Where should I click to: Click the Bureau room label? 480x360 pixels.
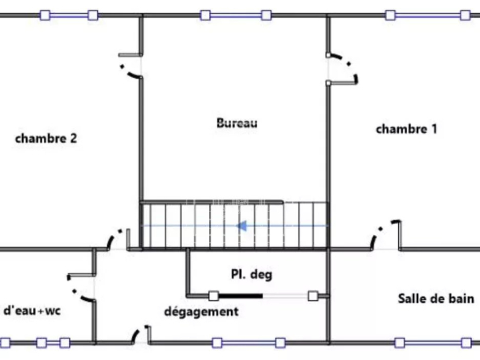[237, 123]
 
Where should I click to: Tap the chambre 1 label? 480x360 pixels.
[406, 129]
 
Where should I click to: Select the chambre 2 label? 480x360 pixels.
[46, 139]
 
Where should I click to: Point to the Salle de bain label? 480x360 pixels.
[436, 298]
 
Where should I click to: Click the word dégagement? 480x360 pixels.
[201, 312]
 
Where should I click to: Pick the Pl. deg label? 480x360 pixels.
[251, 274]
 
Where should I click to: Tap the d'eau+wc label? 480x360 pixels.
[32, 311]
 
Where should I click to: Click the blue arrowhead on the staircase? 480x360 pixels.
[242, 226]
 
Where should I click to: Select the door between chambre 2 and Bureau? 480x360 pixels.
[131, 66]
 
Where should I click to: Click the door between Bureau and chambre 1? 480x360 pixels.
[342, 69]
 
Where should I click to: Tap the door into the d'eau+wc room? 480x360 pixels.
[81, 288]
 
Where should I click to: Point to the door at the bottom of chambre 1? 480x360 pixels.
[386, 235]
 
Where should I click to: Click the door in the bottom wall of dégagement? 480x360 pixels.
[141, 335]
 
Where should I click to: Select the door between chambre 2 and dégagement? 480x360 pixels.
[118, 239]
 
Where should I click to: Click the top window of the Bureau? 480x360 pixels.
[236, 15]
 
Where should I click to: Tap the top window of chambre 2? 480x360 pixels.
[69, 15]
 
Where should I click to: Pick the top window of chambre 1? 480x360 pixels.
[427, 15]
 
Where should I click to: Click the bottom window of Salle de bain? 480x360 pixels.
[433, 342]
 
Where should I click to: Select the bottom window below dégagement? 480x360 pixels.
[248, 342]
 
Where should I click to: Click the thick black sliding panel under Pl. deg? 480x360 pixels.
[241, 296]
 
